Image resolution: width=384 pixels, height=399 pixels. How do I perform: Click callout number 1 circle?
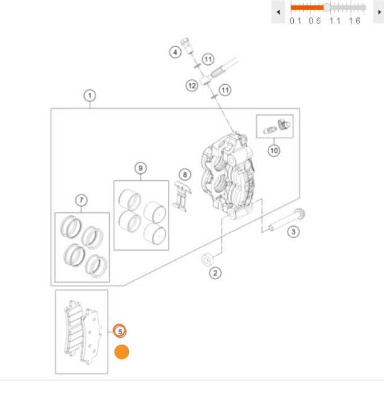pos(90,96)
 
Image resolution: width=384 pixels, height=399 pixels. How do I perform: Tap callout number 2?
pos(215,273)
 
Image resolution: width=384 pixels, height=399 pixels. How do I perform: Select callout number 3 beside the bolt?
pos(293,232)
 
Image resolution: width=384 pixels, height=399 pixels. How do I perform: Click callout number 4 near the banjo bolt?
pos(175,52)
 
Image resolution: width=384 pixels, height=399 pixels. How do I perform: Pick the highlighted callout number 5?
pos(120,331)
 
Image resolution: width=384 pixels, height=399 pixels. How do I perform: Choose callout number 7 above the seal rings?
pos(81,200)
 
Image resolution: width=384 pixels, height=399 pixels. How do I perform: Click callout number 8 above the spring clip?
pos(185,175)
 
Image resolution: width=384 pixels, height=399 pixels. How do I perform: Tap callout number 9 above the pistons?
pos(140,168)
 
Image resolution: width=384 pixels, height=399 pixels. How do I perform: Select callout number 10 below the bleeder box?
pos(274,151)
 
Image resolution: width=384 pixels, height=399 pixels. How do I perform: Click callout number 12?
pos(192,85)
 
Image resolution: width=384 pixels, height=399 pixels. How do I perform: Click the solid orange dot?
pos(122,352)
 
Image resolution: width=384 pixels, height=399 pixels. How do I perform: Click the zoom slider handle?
pos(327,7)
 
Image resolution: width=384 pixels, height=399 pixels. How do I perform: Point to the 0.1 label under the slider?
pos(295,21)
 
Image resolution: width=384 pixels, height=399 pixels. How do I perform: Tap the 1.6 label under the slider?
pos(354,21)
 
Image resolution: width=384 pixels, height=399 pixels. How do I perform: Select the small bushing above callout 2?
pos(207,259)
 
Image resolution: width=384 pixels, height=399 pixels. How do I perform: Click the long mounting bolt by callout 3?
pos(286,220)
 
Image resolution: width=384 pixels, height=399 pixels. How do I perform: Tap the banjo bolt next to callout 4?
pos(186,45)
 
